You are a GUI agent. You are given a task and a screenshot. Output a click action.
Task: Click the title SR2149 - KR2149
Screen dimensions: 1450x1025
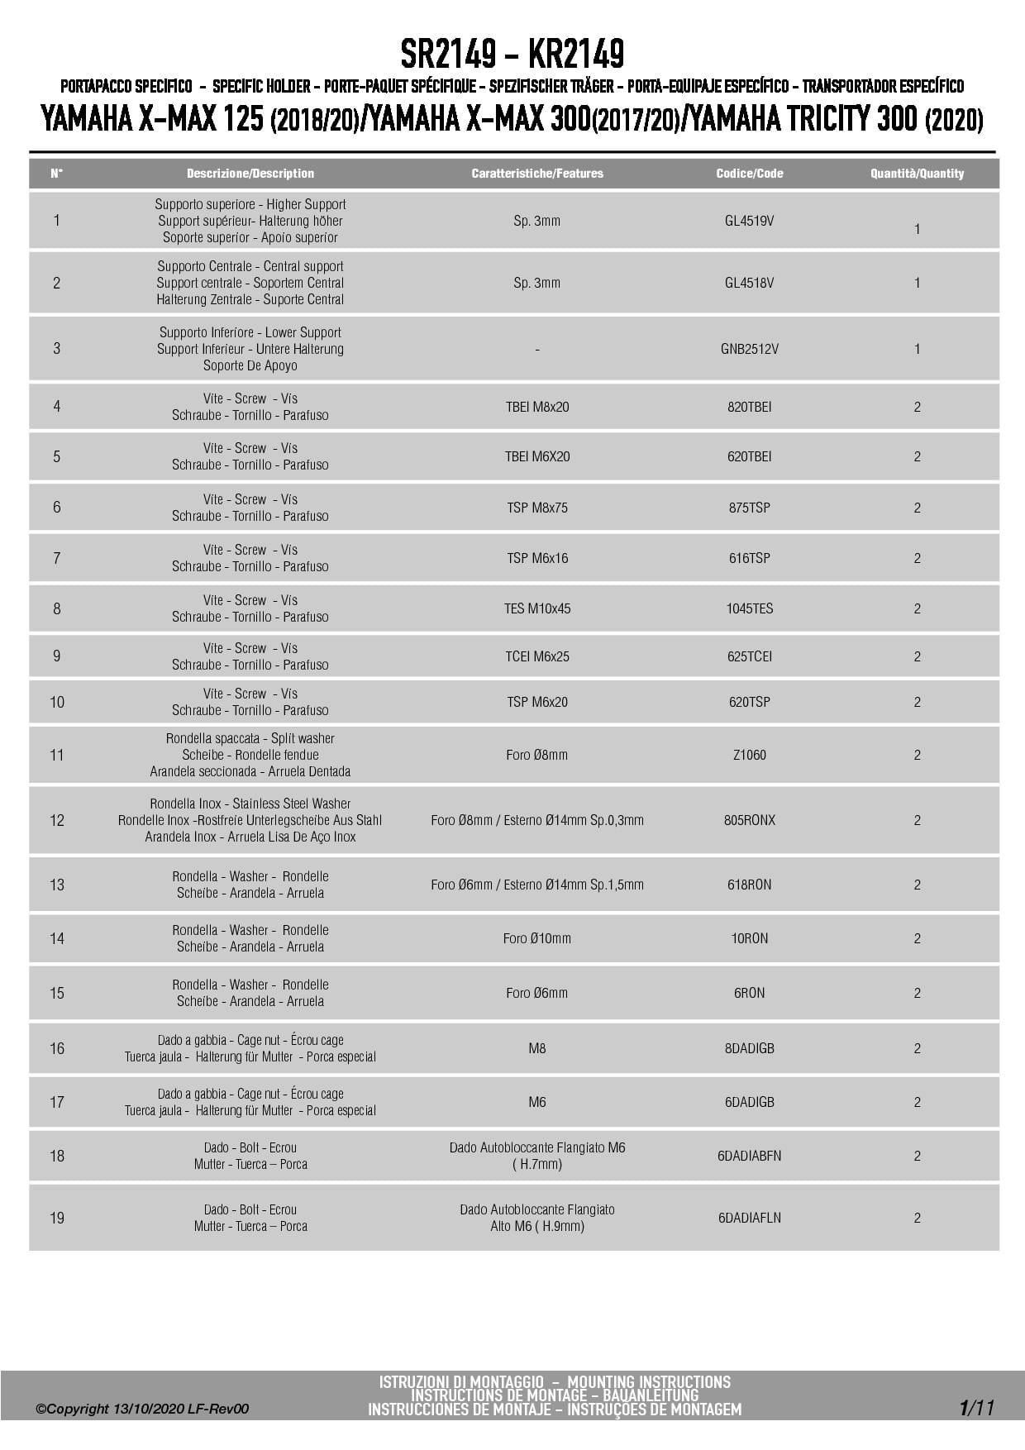pyautogui.click(x=512, y=55)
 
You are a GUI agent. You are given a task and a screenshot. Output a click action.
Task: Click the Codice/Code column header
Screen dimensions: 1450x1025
pyautogui.click(x=749, y=174)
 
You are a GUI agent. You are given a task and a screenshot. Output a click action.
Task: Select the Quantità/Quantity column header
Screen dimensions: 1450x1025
pyautogui.click(x=917, y=174)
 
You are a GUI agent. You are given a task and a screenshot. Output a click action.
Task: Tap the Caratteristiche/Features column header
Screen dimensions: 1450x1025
pyautogui.click(x=537, y=174)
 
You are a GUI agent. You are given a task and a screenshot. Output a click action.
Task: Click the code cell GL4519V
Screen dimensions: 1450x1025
pyautogui.click(x=749, y=221)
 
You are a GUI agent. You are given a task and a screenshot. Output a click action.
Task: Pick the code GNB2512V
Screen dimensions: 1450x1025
pyautogui.click(x=749, y=349)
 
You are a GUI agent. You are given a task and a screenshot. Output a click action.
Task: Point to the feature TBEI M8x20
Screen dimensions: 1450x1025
pyautogui.click(x=537, y=407)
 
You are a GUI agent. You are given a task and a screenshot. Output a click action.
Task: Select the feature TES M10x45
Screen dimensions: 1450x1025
pyautogui.click(x=537, y=608)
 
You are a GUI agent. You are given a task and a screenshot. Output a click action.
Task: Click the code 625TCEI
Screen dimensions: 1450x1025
pyautogui.click(x=749, y=656)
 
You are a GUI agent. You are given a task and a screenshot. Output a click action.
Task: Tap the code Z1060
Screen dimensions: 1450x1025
pyautogui.click(x=749, y=755)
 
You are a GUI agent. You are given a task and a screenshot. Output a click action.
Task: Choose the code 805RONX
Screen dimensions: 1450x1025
pyautogui.click(x=749, y=820)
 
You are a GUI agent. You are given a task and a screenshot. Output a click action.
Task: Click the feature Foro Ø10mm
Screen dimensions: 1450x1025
pyautogui.click(x=537, y=938)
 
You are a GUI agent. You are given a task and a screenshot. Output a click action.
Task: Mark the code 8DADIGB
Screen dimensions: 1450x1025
pyautogui.click(x=749, y=1048)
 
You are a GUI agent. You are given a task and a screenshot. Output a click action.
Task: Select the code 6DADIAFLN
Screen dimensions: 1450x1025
pyautogui.click(x=749, y=1218)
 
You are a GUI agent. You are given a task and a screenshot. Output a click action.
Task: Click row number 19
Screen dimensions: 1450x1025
pyautogui.click(x=57, y=1218)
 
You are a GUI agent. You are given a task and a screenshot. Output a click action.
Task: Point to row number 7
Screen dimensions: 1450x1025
pyautogui.click(x=57, y=558)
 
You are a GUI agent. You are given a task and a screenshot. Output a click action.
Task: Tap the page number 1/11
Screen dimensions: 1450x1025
pyautogui.click(x=976, y=1407)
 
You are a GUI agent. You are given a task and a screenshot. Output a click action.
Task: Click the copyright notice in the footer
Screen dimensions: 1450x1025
pyautogui.click(x=141, y=1409)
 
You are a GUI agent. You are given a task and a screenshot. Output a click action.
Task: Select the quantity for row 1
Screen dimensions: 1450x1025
pyautogui.click(x=917, y=229)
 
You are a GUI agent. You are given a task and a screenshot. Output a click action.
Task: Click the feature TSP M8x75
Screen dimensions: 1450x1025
pyautogui.click(x=537, y=508)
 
